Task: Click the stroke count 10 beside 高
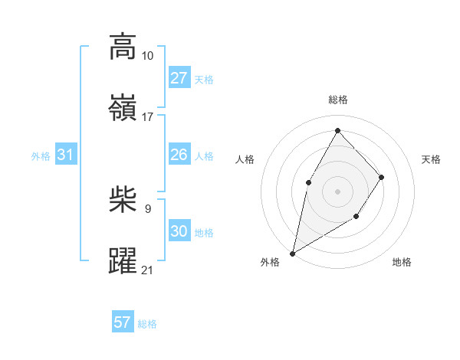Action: point(147,56)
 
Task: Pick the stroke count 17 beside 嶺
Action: point(147,116)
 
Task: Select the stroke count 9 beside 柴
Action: point(147,208)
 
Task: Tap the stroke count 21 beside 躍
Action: point(147,270)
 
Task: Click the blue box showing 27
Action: point(179,78)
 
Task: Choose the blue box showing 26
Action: point(179,155)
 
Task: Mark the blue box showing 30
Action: point(179,232)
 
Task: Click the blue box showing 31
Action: point(66,155)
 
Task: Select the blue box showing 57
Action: point(122,322)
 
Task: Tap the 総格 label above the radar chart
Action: point(337,100)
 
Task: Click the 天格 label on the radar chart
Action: point(431,159)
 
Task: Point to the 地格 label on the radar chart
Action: point(402,262)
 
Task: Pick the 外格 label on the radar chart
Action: point(270,262)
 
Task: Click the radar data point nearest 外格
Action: point(292,253)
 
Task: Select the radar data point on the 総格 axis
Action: point(337,130)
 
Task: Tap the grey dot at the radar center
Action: point(337,191)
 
